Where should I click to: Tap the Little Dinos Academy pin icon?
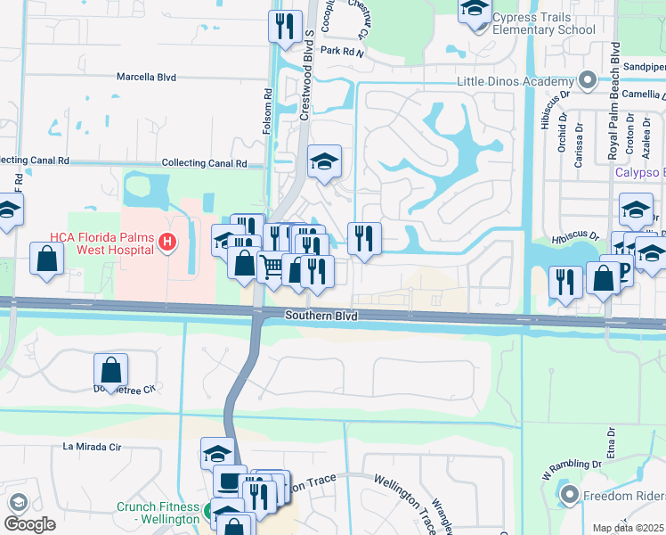[x=587, y=81]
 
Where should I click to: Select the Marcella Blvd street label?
[x=146, y=78]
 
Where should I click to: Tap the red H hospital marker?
[x=165, y=242]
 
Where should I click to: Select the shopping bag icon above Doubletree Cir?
[x=111, y=368]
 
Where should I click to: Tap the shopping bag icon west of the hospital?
[x=46, y=258]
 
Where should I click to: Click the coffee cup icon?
[x=230, y=481]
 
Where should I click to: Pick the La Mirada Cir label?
[x=91, y=446]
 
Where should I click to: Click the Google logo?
[x=30, y=524]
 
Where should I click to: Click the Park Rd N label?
[x=343, y=53]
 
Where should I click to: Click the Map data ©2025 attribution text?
[x=627, y=528]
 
